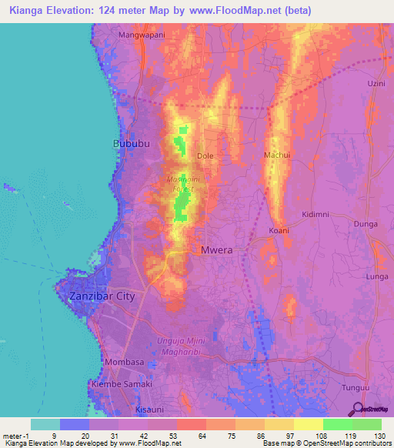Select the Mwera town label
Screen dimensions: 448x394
click(216, 250)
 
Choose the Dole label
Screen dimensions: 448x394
click(205, 156)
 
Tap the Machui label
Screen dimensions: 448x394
click(277, 155)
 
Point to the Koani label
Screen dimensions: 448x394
click(279, 230)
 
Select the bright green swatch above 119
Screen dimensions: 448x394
click(337, 424)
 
